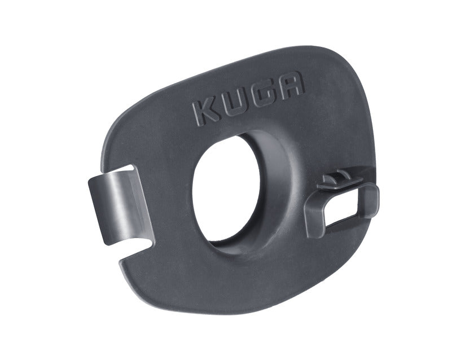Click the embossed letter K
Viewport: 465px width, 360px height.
pyautogui.click(x=207, y=113)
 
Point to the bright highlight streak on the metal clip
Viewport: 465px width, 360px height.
pyautogui.click(x=116, y=205)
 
